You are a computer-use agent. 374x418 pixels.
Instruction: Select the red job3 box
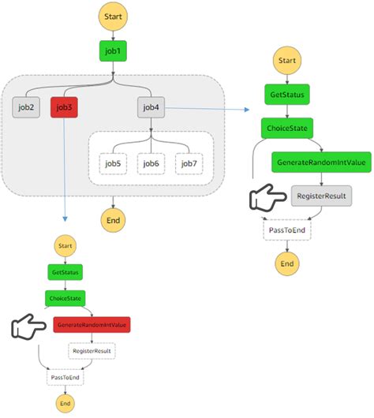click(x=64, y=107)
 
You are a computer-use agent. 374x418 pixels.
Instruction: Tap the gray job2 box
click(x=27, y=107)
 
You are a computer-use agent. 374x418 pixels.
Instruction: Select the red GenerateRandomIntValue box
click(x=92, y=325)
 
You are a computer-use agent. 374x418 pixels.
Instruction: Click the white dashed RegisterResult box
click(x=92, y=350)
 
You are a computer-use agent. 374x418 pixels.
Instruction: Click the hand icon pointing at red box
click(x=29, y=326)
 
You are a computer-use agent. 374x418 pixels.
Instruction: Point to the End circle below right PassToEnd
click(x=287, y=263)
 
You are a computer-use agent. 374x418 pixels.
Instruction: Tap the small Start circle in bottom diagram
click(x=64, y=246)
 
